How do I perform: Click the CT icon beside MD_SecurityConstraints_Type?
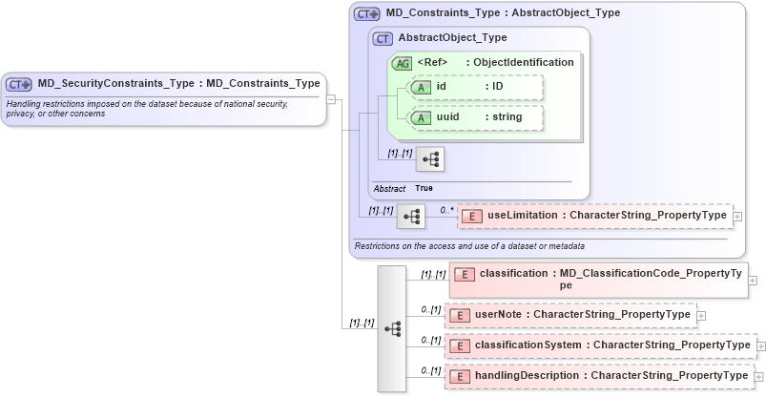pyautogui.click(x=20, y=84)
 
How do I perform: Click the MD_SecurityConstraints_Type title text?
pyautogui.click(x=178, y=84)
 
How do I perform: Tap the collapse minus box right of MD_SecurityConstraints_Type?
pyautogui.click(x=330, y=97)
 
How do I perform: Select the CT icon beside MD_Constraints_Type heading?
pyautogui.click(x=366, y=14)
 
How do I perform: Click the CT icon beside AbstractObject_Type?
pyautogui.click(x=383, y=39)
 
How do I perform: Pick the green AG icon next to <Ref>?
pyautogui.click(x=403, y=63)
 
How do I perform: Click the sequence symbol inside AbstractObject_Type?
pyautogui.click(x=430, y=158)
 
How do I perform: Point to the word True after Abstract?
pyautogui.click(x=424, y=188)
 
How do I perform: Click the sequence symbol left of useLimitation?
pyautogui.click(x=411, y=217)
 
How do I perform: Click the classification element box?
pyautogui.click(x=598, y=279)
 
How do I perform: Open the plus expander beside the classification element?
pyautogui.click(x=753, y=280)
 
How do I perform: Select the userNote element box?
pyautogui.click(x=569, y=315)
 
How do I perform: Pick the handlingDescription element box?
pyautogui.click(x=598, y=377)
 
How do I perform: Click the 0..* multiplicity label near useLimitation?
pyautogui.click(x=445, y=209)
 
